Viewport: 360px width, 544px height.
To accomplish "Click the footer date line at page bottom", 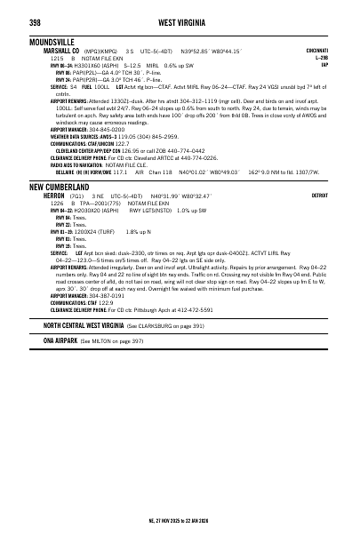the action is (x=180, y=520).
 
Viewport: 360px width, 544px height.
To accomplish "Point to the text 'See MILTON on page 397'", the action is (x=111, y=364).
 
